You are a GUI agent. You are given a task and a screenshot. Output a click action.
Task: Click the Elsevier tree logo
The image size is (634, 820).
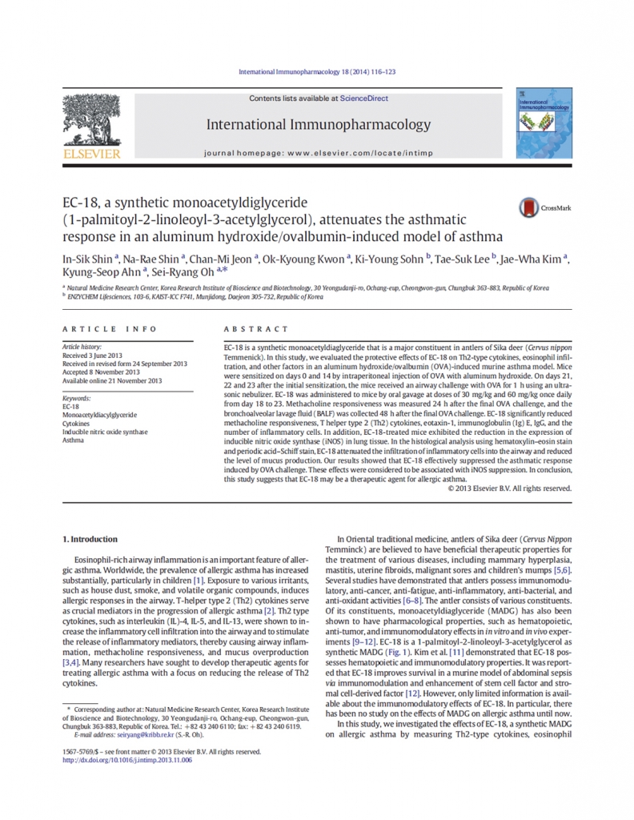90,125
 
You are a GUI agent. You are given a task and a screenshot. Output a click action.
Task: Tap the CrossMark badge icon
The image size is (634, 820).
529,208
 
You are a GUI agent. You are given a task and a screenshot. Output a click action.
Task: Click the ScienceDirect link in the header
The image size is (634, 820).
363,98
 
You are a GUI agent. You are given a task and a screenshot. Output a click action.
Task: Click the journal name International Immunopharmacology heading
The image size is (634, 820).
318,125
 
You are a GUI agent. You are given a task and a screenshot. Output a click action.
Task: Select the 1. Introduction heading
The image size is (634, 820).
90,539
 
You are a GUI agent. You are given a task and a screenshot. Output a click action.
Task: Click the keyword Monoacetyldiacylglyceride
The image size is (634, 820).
98,415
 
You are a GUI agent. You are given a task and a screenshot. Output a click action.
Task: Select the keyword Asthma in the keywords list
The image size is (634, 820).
73,440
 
